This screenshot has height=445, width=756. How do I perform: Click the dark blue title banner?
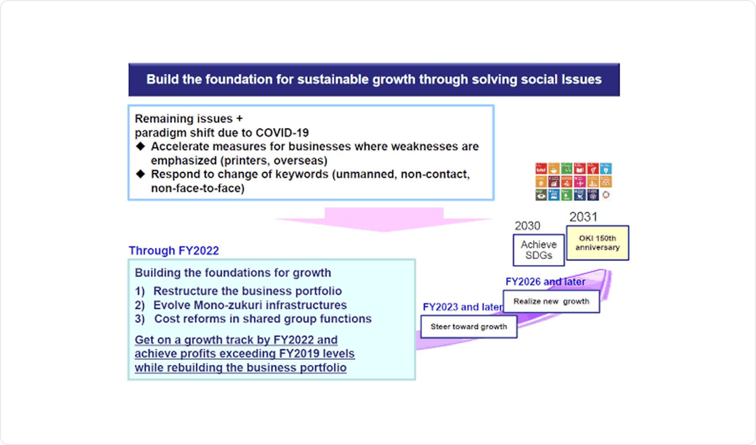(374, 80)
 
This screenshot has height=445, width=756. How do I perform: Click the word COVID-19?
(282, 133)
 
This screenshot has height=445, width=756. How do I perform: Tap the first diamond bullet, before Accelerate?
(141, 146)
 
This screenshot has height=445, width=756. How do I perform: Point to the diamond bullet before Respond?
(141, 174)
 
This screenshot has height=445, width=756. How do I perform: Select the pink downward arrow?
(384, 220)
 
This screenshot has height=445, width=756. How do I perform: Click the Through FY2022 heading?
(173, 251)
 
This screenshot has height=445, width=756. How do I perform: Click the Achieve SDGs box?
(539, 250)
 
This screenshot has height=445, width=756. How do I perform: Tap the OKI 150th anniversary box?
(598, 243)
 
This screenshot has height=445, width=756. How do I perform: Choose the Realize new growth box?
(551, 301)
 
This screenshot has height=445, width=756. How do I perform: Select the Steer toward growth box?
(469, 327)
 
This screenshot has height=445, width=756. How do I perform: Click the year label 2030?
(528, 226)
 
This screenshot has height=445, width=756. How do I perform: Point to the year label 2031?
(583, 217)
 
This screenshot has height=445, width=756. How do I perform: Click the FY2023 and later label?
(462, 307)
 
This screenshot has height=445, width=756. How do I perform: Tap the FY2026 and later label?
(546, 282)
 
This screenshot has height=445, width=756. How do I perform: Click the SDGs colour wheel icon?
(606, 195)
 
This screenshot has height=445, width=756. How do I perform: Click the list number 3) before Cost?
(140, 319)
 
